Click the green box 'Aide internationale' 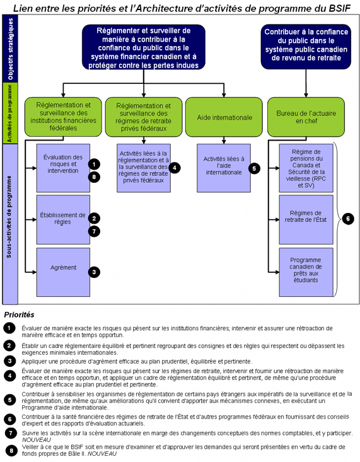pos(224,117)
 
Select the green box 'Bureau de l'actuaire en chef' pos(306,117)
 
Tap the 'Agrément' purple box pos(63,272)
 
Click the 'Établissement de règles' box pos(63,219)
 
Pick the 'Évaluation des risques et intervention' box pos(63,168)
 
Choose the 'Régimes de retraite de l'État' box pos(306,219)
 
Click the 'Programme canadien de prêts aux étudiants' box pos(306,272)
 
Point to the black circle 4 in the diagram pos(175,168)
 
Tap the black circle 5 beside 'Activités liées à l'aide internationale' pos(254,168)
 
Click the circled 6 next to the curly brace pos(348,219)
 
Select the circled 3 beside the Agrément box pos(94,272)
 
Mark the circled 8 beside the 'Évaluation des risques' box pos(94,177)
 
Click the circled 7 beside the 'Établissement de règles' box pos(94,231)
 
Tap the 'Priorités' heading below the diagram pos(19,315)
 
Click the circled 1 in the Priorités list pos(9,328)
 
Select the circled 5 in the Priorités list pos(10,400)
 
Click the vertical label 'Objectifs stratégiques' pos(10,49)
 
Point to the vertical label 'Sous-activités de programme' pos(9,217)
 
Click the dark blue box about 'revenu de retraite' pos(306,47)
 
